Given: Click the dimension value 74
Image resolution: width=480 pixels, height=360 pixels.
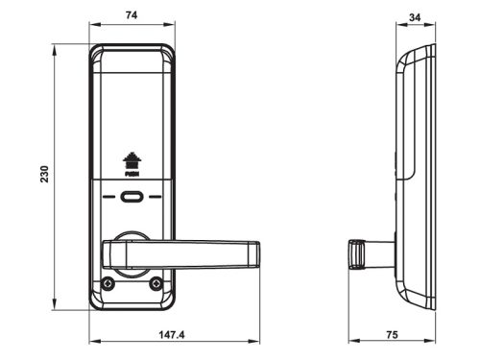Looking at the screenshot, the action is [132, 15].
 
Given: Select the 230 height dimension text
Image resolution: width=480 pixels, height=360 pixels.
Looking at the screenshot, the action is [44, 174].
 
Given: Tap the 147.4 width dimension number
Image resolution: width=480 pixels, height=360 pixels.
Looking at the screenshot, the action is [172, 335].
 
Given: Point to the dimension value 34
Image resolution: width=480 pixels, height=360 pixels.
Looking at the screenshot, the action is [415, 17].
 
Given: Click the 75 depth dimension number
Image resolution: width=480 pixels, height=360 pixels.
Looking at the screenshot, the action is [392, 335].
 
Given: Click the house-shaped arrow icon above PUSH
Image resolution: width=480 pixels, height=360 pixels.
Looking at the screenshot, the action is [132, 160].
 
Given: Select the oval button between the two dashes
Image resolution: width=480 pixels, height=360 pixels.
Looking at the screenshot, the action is [132, 197].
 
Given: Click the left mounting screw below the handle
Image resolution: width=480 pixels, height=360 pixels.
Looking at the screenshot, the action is [108, 283].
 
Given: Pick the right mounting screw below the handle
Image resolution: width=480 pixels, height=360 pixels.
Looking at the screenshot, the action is [156, 283].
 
